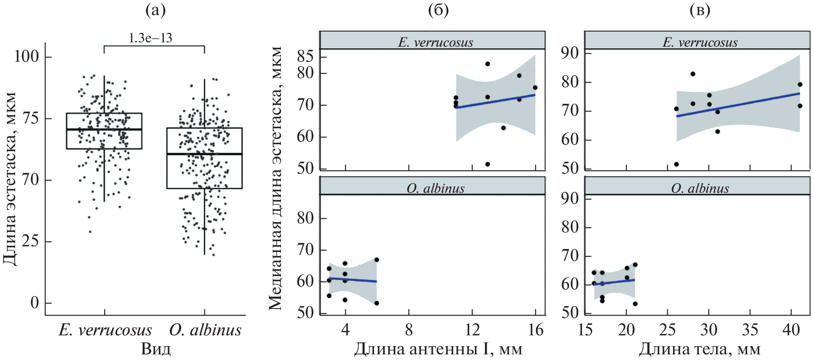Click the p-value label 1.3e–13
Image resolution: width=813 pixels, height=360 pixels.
click(x=150, y=38)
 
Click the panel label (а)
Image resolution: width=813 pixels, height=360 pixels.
click(x=156, y=10)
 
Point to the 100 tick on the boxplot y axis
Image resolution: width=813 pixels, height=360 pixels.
click(x=27, y=57)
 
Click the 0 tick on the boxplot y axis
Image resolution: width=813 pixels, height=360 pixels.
click(x=35, y=303)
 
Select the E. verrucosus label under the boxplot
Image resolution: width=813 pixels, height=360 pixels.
click(x=105, y=330)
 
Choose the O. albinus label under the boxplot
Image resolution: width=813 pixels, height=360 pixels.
click(x=205, y=330)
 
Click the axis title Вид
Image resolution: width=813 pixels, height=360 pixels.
click(x=156, y=349)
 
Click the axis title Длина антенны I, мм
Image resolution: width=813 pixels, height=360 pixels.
click(x=438, y=349)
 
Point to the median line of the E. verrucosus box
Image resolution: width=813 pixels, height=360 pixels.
click(x=104, y=129)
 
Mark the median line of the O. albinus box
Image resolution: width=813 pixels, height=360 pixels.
click(x=204, y=154)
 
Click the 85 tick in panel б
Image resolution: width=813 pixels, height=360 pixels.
click(x=305, y=56)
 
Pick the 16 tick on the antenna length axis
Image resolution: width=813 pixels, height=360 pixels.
click(x=536, y=330)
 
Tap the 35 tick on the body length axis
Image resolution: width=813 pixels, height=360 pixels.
click(x=750, y=330)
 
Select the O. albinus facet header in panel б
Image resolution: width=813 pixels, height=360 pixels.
click(x=435, y=188)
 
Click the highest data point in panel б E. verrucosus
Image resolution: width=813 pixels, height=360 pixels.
click(x=488, y=64)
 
